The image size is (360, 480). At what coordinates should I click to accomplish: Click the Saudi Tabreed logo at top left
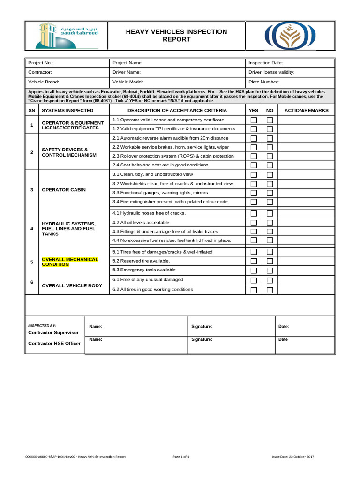(66, 36)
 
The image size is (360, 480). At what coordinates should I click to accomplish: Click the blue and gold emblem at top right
(290, 36)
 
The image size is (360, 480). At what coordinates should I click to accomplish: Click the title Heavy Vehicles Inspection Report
(176, 36)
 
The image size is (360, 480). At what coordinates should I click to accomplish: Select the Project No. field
(67, 63)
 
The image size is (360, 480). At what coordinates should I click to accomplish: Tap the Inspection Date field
(290, 63)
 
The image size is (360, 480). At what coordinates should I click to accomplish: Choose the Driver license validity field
(290, 72)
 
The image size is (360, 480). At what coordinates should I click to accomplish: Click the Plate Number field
(290, 82)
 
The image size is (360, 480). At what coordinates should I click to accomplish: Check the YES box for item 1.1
(254, 120)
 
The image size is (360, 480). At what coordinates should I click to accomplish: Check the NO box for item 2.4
(270, 165)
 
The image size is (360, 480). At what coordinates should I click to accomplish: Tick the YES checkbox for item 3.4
(254, 202)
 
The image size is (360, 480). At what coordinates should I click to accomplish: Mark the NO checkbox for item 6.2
(270, 290)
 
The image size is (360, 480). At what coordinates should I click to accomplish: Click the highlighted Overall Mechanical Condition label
(70, 262)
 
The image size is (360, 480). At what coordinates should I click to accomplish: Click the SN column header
(32, 111)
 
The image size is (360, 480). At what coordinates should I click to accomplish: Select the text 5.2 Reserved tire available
(141, 261)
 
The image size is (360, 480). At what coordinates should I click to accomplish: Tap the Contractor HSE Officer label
(54, 343)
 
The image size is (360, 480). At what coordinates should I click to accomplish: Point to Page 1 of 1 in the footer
(181, 457)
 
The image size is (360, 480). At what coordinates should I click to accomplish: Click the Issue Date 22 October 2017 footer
(293, 457)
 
